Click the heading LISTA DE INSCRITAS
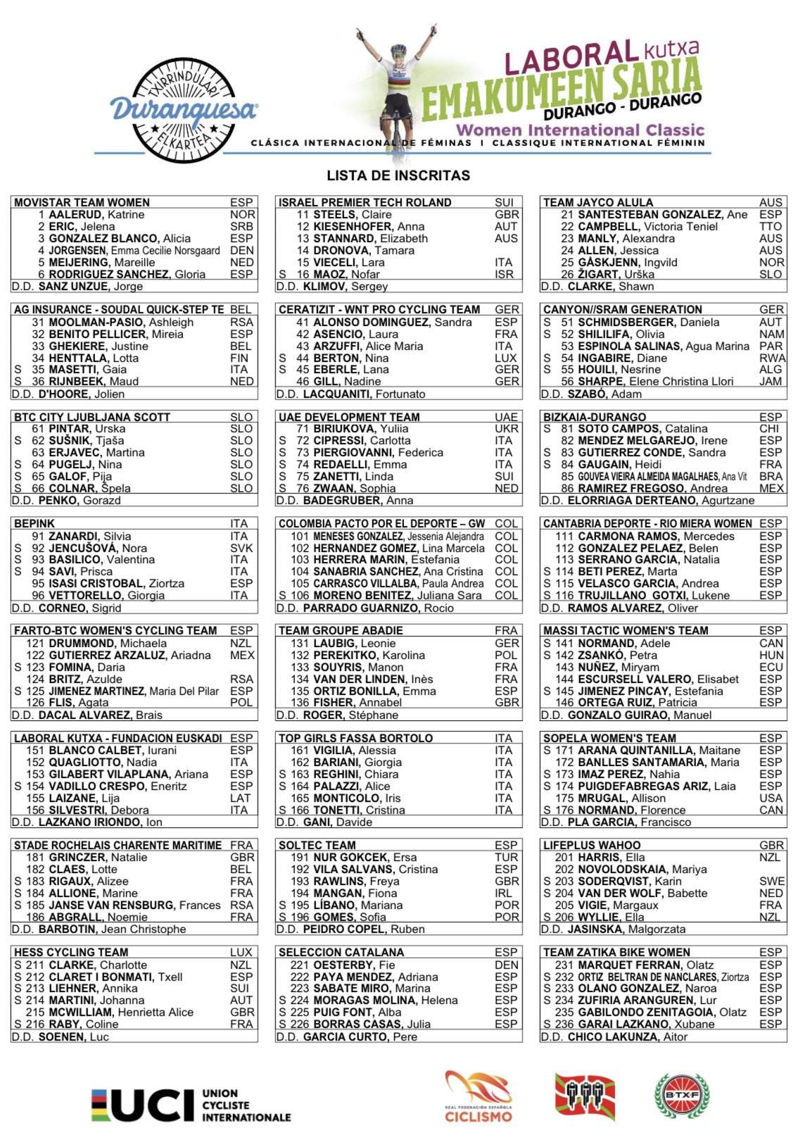pos(398,175)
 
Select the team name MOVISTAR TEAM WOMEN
pos(82,203)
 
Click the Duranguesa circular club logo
pos(184,111)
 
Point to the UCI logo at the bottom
pos(191,1105)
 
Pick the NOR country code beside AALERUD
pos(242,215)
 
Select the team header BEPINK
pos(34,524)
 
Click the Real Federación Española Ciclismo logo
pos(479,1096)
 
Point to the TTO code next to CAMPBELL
pos(771,227)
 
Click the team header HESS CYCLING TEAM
pos(71,953)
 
